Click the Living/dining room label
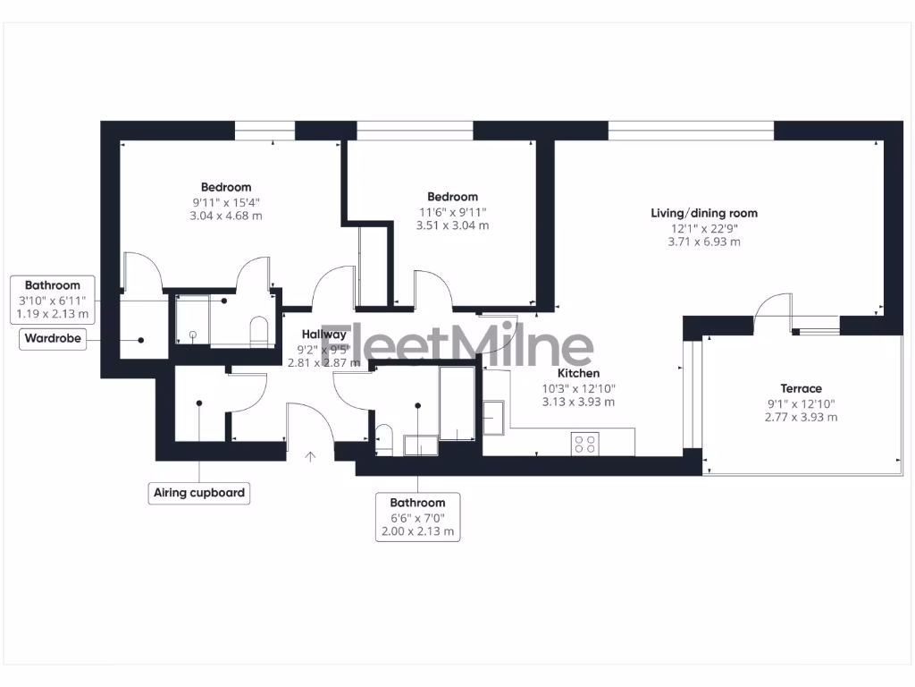(704, 213)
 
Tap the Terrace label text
(801, 388)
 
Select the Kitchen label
(578, 373)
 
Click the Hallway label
(323, 334)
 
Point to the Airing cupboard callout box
(198, 493)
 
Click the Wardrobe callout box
(53, 340)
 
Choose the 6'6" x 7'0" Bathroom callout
(417, 517)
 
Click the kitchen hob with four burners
(585, 443)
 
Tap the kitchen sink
(495, 414)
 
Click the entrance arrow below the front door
(310, 457)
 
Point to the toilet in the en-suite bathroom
(258, 330)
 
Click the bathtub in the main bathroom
(457, 403)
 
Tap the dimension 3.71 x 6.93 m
(704, 242)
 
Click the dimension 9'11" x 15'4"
(226, 202)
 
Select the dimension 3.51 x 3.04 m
(452, 225)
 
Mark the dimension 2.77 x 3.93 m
(801, 417)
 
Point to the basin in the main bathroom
(418, 445)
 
